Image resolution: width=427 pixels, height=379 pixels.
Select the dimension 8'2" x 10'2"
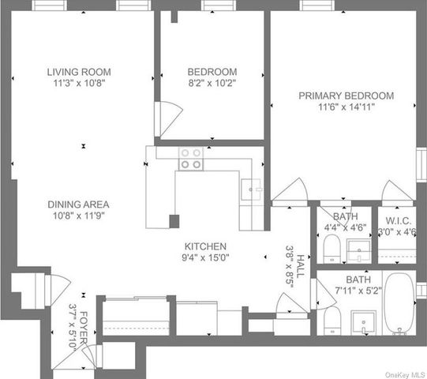(211, 81)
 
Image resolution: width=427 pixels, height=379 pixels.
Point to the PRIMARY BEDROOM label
(346, 96)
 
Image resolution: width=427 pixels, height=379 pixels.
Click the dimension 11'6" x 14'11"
(346, 107)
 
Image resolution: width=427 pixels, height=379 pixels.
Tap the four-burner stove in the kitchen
(189, 159)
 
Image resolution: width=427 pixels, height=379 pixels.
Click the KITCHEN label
(206, 246)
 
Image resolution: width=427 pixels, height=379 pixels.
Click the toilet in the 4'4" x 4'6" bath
(331, 250)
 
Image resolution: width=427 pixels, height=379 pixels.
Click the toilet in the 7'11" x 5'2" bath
(332, 320)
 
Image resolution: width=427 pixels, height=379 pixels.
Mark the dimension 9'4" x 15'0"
(206, 257)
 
